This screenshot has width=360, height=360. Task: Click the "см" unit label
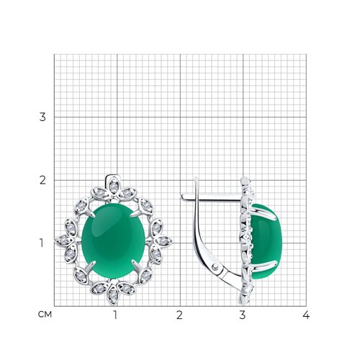45,315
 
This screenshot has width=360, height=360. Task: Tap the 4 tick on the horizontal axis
306,315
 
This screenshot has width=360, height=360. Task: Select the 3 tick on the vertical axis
42,117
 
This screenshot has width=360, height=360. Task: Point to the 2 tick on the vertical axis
42,180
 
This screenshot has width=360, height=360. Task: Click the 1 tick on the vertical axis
42,243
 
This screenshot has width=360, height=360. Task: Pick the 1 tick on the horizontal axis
116,315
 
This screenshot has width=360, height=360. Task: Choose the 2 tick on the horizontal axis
179,315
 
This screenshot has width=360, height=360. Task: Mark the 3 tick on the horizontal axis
243,315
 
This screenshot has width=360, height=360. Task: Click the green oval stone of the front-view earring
113,240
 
